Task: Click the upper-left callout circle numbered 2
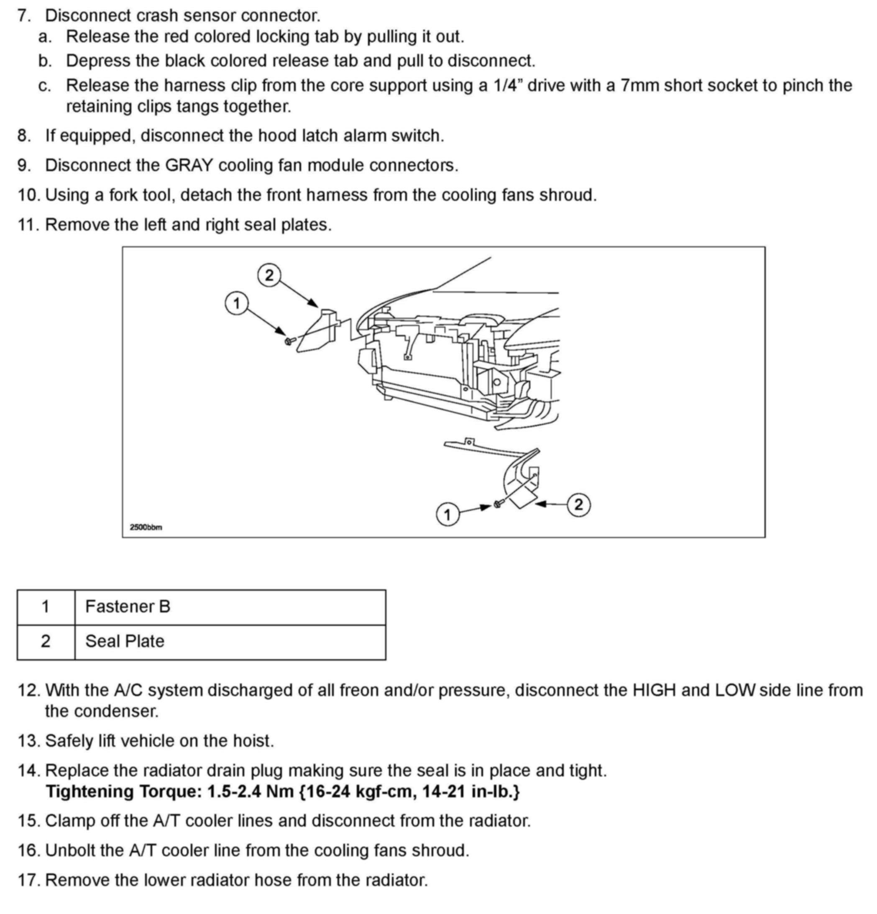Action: coord(269,276)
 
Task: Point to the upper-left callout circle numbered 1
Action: coord(236,304)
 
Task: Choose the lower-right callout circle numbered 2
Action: coord(579,504)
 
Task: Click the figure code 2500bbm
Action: coord(146,527)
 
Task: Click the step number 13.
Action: coord(29,741)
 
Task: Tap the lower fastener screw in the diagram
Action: coord(498,504)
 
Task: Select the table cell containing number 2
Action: coord(46,641)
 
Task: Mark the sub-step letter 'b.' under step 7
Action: coord(45,61)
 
